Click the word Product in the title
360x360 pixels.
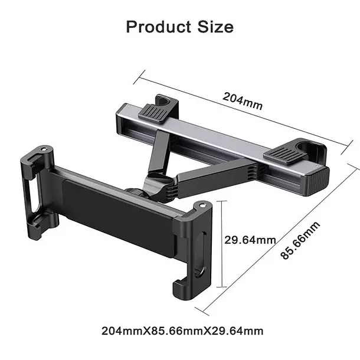157,27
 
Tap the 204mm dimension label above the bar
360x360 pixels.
243,101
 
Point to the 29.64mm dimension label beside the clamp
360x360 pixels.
250,239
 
